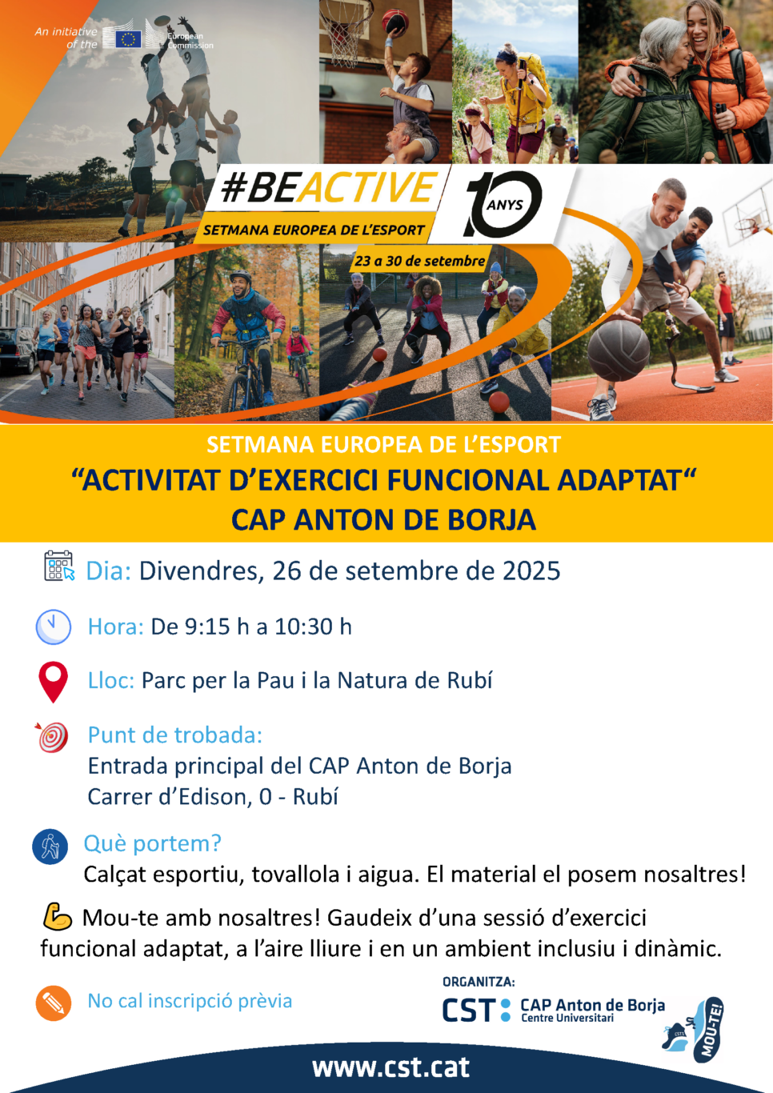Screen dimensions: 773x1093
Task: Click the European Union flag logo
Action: (129, 38)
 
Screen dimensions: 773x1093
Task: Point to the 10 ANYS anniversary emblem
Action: (504, 203)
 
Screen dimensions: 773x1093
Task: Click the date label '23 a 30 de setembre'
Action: (419, 261)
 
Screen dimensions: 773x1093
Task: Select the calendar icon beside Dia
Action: (59, 566)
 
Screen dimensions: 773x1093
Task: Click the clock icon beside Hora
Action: (53, 627)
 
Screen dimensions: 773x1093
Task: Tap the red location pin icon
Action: (53, 682)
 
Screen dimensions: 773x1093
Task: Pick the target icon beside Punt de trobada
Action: (52, 737)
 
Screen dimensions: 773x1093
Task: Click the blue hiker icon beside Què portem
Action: (50, 847)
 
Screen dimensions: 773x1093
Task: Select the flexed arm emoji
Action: (58, 916)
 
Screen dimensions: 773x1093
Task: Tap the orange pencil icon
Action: (53, 1003)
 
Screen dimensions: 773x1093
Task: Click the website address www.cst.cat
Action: (391, 1067)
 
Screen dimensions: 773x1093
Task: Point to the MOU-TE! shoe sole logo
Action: (708, 1029)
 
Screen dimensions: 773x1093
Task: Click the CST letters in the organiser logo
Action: (468, 1010)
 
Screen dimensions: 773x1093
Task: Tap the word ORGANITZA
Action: (479, 982)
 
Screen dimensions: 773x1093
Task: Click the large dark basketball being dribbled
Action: (619, 350)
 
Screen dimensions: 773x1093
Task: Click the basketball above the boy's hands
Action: (395, 21)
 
